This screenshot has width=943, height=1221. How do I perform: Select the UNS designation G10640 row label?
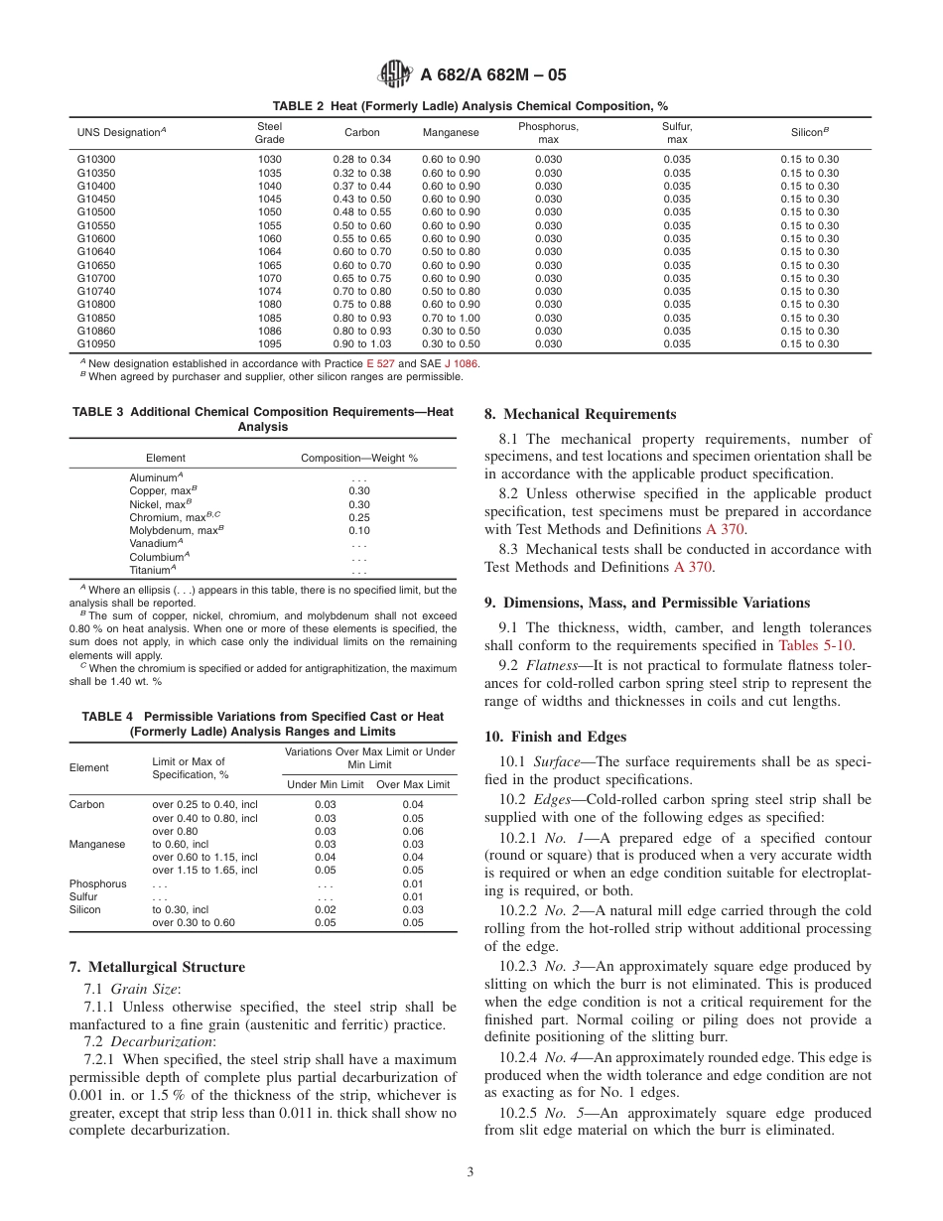pos(96,251)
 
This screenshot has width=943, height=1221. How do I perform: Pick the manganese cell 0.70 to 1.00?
pos(451,318)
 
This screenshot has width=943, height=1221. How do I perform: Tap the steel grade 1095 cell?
pos(270,343)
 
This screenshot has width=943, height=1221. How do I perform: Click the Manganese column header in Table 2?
pos(451,132)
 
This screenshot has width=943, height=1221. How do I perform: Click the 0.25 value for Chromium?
pos(359,517)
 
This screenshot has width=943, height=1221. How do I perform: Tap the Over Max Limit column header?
pos(412,784)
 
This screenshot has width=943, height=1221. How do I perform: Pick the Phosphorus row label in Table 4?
pos(97,883)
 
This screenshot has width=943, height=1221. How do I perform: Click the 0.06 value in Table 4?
pos(412,831)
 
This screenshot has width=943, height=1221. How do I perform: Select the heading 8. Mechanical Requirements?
pos(581,414)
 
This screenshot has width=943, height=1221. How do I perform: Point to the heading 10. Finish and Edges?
pos(555,736)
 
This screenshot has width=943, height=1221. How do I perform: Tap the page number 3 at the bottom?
pos(471,1171)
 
